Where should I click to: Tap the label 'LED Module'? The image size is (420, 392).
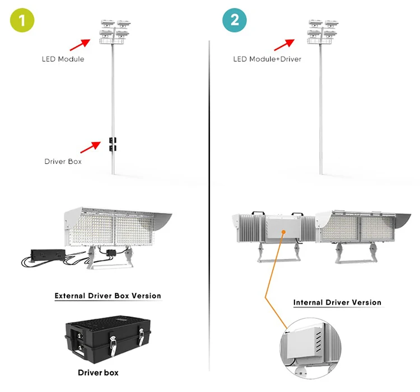click(63, 59)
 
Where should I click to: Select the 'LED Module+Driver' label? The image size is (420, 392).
click(267, 59)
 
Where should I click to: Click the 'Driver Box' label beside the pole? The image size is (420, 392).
click(63, 161)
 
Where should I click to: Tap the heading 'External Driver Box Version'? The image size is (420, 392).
click(108, 296)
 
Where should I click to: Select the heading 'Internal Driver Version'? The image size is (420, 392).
click(337, 303)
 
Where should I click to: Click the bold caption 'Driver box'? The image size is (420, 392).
click(98, 372)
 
